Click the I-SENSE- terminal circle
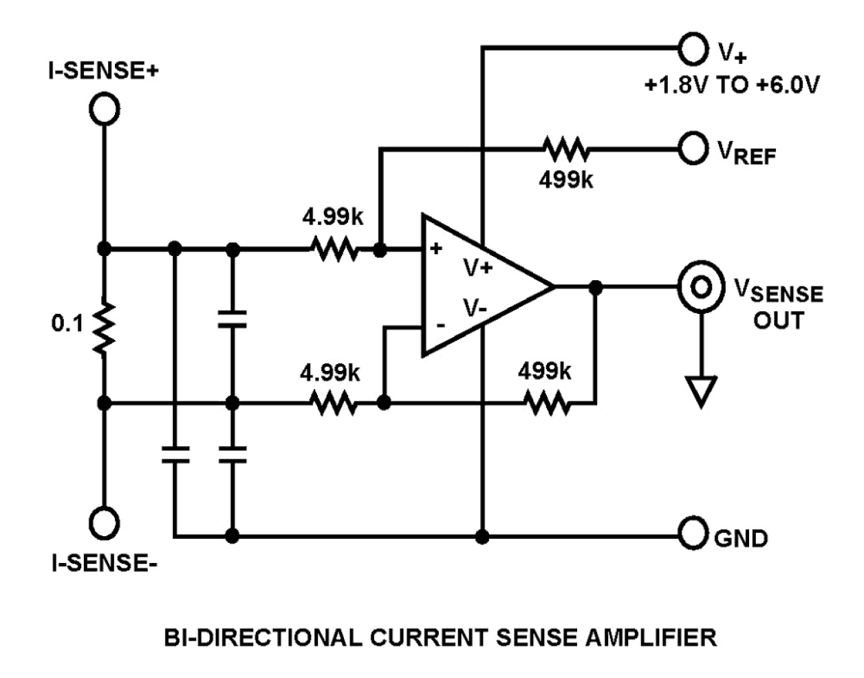click(x=105, y=522)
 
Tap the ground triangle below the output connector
click(x=701, y=391)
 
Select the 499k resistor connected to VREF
click(x=565, y=149)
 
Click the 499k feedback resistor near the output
click(x=548, y=403)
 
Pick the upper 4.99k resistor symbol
click(x=334, y=248)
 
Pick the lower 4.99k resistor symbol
click(x=334, y=403)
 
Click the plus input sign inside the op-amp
click(x=435, y=248)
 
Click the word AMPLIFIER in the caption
click(x=650, y=637)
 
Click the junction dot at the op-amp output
click(x=596, y=286)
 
